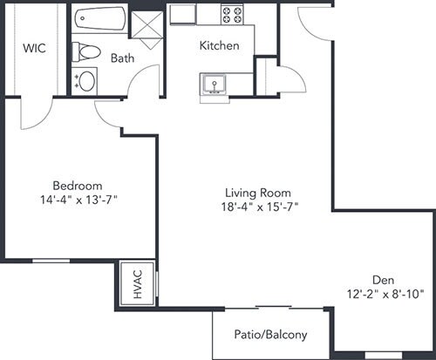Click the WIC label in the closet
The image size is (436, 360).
coord(34,48)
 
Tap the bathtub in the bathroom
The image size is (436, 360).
coord(100,18)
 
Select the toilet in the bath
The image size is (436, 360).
coord(86,52)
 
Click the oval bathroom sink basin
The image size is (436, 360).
coord(87,81)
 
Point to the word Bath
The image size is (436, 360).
coord(122,58)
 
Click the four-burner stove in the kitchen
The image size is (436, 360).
coord(232,15)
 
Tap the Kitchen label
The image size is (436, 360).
coord(220,45)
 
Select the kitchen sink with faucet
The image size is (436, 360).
coord(215,85)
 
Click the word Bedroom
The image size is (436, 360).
coord(78,186)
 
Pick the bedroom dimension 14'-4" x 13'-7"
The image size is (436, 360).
coord(78,200)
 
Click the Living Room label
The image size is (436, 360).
coord(258,193)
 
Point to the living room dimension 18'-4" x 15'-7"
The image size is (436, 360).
coord(260,207)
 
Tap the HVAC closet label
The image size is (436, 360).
coord(138,284)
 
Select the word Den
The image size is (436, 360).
coord(384,280)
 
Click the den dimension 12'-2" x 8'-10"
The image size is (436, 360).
coord(385,295)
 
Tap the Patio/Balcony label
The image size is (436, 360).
coord(270,335)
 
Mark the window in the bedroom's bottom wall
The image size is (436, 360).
coord(51,261)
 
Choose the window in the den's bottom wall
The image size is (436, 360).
coord(384,356)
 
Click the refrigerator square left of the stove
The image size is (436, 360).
coord(182,14)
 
